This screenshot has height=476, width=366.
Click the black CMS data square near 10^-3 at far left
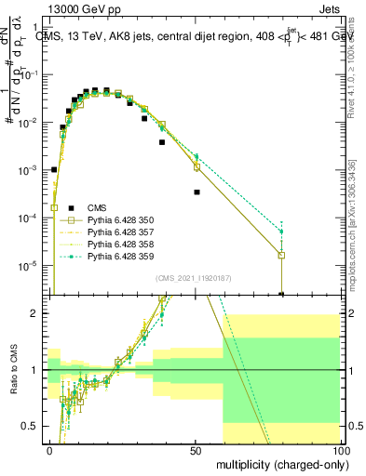click(x=54, y=170)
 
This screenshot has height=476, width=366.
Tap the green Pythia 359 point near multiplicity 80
click(x=281, y=231)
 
